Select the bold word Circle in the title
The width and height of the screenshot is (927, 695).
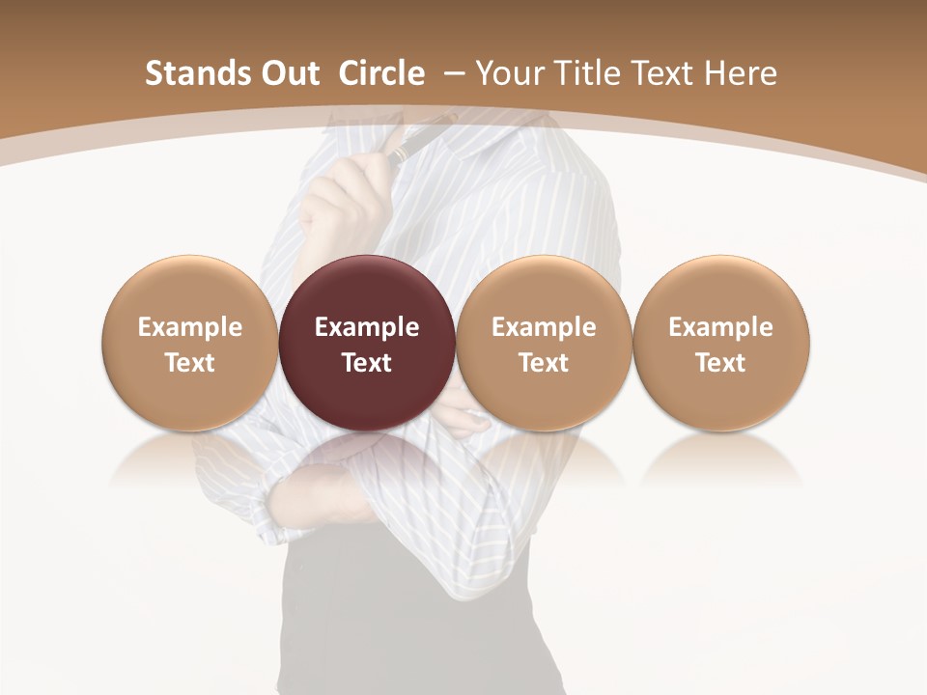click(381, 73)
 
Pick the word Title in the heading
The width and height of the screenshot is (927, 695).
click(584, 73)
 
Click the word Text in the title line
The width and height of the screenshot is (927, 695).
click(660, 73)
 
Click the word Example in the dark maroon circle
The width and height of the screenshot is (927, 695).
click(367, 327)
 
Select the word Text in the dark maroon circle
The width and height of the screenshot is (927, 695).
click(367, 363)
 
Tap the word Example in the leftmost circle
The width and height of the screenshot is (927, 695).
click(190, 327)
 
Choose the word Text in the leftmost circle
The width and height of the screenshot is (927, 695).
click(190, 363)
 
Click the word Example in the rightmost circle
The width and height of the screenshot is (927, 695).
click(720, 327)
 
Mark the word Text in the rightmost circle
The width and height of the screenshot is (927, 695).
click(720, 363)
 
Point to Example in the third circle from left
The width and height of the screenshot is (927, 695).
click(544, 327)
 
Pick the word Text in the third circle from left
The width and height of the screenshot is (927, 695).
click(544, 363)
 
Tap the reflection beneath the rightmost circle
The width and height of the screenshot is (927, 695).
click(720, 459)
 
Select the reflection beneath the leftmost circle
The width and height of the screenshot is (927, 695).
click(190, 459)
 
